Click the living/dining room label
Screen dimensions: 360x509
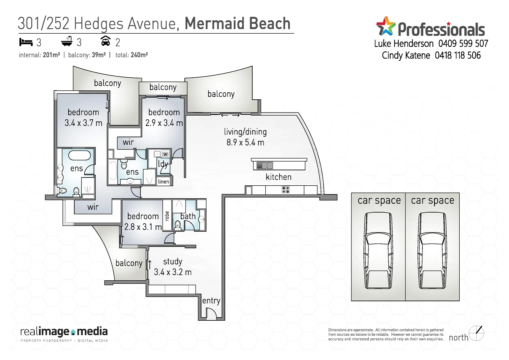tap(245, 132)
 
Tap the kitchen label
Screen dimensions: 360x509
tap(278, 177)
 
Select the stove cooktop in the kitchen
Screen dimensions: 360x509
tap(285, 190)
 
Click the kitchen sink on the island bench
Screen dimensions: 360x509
tap(265, 165)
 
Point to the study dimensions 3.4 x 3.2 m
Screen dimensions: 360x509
tap(173, 272)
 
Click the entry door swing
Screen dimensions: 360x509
tap(211, 313)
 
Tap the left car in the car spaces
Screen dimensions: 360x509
tap(378, 251)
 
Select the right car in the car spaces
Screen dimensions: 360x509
tap(432, 251)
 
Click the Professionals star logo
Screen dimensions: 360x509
tap(385, 26)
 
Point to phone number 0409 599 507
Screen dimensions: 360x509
tap(463, 44)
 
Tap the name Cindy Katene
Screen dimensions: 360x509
tap(406, 55)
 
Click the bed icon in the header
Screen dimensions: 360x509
tap(26, 42)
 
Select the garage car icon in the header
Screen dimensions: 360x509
tap(105, 41)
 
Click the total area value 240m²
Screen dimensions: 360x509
tap(139, 55)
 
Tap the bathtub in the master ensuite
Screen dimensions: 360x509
tap(80, 155)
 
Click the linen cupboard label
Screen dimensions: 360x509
tap(164, 182)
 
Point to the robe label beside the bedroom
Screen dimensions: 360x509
tap(167, 216)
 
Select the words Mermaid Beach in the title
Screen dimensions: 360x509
tap(238, 24)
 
